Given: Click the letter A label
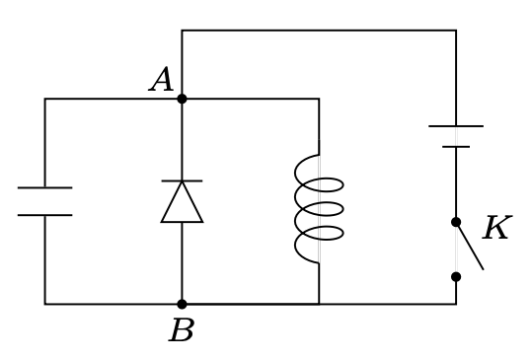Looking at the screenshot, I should tap(162, 80).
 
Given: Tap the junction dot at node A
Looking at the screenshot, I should tap(182, 99).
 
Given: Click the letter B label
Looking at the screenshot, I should tap(181, 331).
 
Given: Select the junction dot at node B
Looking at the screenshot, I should tap(182, 304).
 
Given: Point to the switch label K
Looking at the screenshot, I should tap(495, 229).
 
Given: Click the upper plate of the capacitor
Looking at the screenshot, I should tap(44, 187).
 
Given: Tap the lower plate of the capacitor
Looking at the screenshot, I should tap(44, 215).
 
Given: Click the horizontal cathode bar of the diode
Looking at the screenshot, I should tap(182, 180).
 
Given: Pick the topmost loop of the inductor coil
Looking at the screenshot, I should tap(326, 184).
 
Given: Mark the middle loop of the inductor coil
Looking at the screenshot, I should tap(326, 209).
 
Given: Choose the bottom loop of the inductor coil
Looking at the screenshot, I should tap(326, 234).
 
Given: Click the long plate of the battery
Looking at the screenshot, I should tap(456, 126).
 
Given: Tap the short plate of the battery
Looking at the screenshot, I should tap(456, 147).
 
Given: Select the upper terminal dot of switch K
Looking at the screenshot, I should tap(456, 222).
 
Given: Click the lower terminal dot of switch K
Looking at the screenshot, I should tap(456, 276).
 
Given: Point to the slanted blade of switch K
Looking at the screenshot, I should tap(470, 246).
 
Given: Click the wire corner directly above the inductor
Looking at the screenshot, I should tap(319, 99).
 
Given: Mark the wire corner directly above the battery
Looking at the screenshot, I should tap(456, 31).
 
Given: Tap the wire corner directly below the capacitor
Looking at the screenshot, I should tap(44, 304).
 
